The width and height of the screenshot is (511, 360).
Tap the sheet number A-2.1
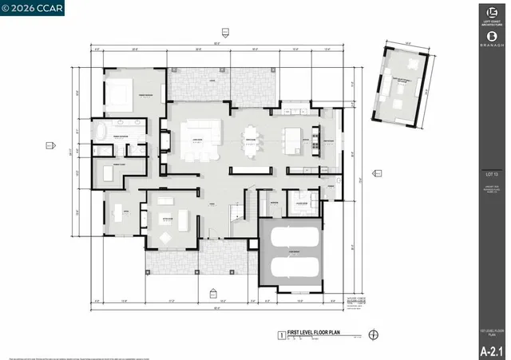click(x=492, y=350)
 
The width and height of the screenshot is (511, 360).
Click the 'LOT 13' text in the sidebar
click(x=492, y=173)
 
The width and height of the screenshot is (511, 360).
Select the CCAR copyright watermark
click(x=33, y=8)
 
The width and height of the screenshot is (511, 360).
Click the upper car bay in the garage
click(x=291, y=237)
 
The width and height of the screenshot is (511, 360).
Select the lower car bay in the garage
click(x=291, y=265)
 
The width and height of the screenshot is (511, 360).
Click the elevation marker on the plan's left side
click(x=50, y=144)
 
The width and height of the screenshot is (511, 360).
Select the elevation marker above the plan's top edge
click(x=225, y=32)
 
